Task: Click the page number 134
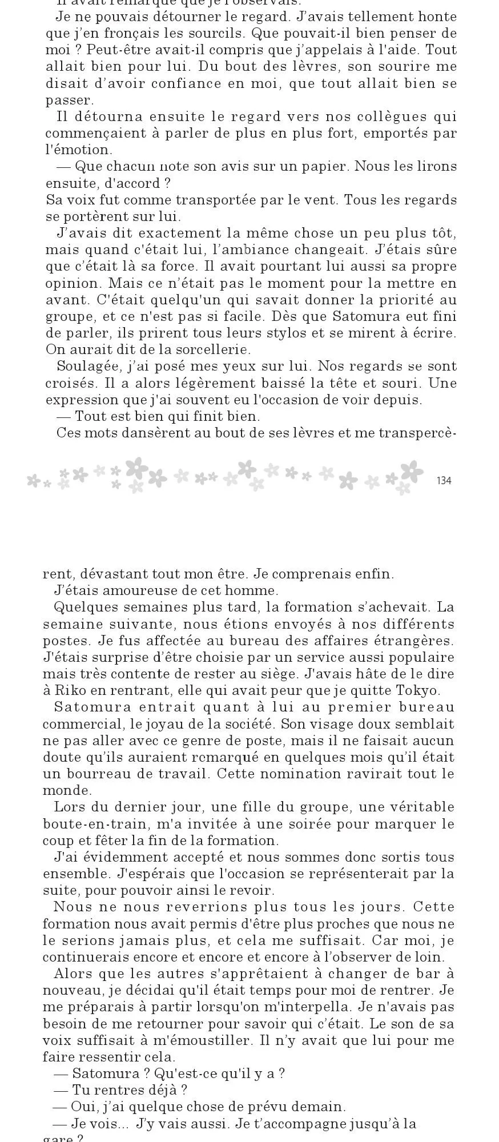(443, 481)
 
